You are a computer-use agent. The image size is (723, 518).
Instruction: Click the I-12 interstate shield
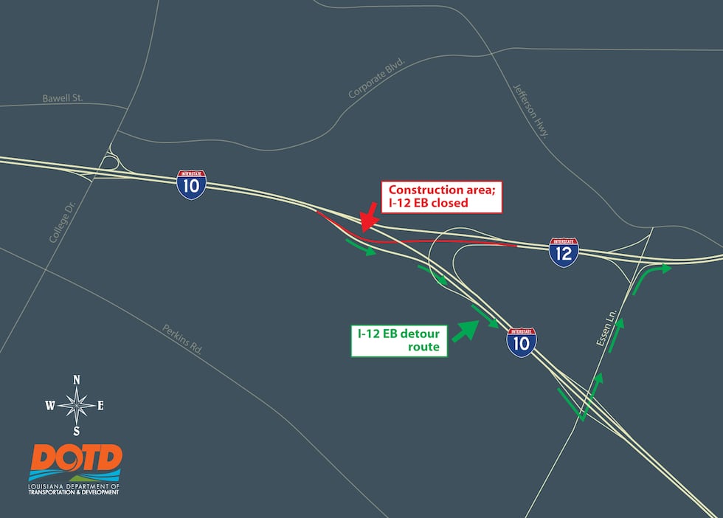point(564,252)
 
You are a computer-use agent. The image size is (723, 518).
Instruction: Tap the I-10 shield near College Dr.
point(191,184)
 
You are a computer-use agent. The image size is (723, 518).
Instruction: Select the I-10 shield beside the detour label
point(521,342)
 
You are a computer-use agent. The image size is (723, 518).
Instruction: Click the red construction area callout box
point(440,196)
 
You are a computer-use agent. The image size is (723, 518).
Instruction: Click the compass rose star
point(76,404)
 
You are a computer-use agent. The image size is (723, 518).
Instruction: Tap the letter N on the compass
point(76,380)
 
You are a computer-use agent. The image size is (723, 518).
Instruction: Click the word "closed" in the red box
point(449,203)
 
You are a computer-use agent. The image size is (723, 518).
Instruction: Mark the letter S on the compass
point(76,431)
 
